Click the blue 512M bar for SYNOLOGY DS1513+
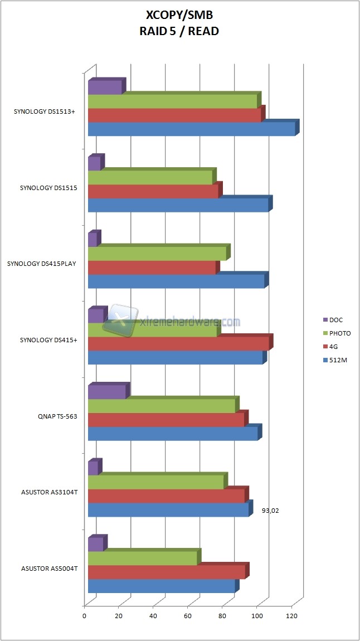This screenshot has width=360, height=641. (191, 129)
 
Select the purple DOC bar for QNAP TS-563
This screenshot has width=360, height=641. (106, 392)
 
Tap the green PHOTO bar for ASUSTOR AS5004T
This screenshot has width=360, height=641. (143, 559)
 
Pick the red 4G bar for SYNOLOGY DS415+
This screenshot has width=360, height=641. (178, 343)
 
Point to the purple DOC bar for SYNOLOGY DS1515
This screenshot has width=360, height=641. (94, 164)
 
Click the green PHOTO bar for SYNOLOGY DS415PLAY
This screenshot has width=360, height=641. (157, 254)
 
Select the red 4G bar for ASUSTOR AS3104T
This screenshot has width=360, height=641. (166, 496)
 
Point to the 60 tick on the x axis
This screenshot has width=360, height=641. (188, 616)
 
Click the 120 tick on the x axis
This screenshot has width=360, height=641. (291, 616)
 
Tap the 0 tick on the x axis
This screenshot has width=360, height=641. (85, 616)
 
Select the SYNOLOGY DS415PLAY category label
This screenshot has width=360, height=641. (42, 264)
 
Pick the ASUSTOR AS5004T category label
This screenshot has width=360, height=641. (49, 569)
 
